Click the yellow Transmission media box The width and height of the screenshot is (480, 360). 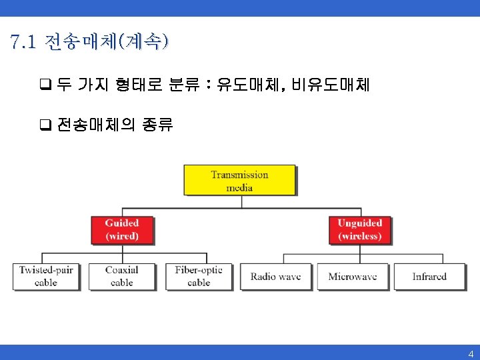(x=239, y=180)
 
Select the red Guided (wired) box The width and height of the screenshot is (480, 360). (x=121, y=229)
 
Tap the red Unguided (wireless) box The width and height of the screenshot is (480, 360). (x=359, y=229)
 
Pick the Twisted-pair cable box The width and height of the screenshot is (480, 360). (x=46, y=276)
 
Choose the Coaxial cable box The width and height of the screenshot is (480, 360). (x=121, y=276)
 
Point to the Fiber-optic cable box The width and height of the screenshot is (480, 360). (x=199, y=276)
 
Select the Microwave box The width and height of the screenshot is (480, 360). (x=353, y=276)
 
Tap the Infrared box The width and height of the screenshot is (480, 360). (x=429, y=276)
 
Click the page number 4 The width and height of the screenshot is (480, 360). (x=471, y=354)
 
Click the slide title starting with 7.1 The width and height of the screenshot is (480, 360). (x=90, y=43)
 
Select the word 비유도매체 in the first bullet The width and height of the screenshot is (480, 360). (x=331, y=85)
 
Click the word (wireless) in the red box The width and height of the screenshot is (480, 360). (x=360, y=236)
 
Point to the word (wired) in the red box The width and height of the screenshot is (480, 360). (x=122, y=236)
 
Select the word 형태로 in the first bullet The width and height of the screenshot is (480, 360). (x=145, y=85)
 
